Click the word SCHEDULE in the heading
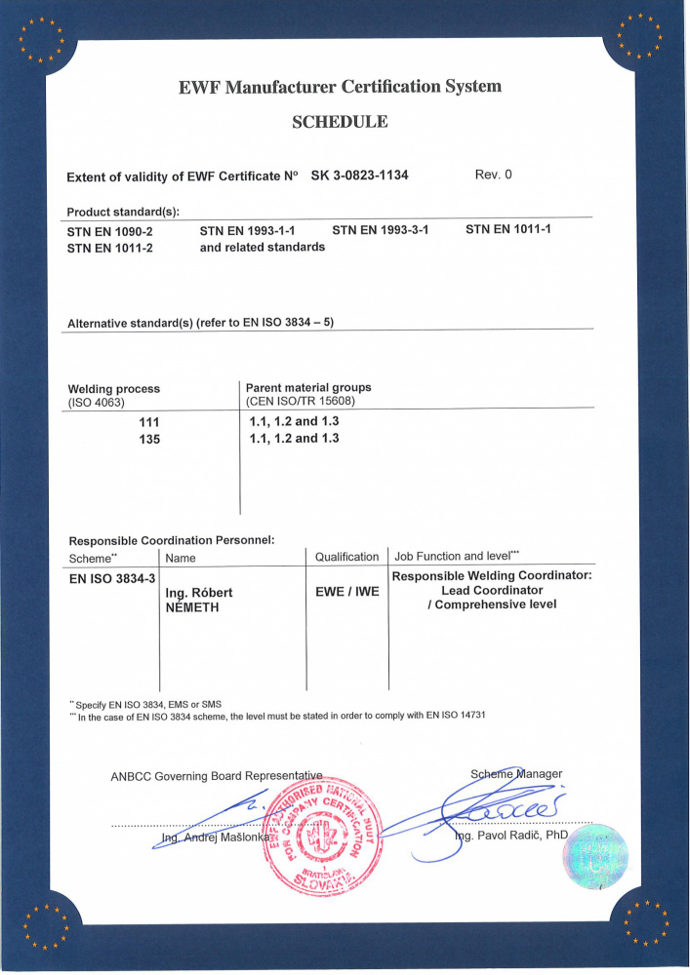point(340,122)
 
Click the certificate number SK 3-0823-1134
point(359,176)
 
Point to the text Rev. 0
point(493,175)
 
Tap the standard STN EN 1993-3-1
point(381,231)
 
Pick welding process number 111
point(148,422)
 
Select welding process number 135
point(148,440)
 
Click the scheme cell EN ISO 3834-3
point(111,579)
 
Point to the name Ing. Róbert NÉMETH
point(199,599)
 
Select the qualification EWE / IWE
point(346,591)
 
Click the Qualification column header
point(346,557)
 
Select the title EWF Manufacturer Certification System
point(340,87)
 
